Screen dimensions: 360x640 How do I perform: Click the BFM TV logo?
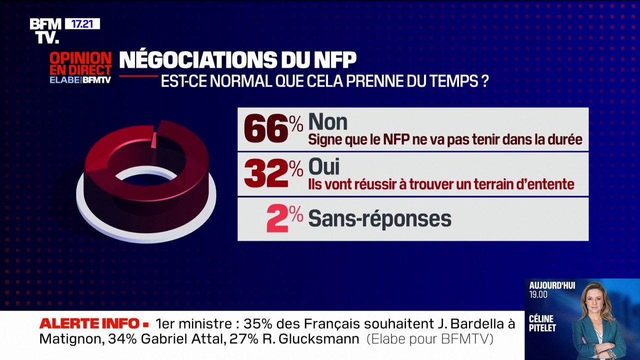click(45, 30)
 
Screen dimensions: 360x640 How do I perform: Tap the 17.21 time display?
click(82, 23)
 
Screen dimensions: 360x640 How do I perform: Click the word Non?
click(327, 122)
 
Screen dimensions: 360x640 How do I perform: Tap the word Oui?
click(324, 166)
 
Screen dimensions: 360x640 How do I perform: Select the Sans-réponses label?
click(379, 219)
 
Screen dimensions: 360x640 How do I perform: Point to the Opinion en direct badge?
click(80, 67)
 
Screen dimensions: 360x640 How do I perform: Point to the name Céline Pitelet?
click(542, 323)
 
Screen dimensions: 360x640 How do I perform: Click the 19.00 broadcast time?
click(538, 294)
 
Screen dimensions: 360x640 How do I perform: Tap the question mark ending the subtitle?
click(484, 81)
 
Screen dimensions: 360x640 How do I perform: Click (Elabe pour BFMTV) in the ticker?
click(430, 339)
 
